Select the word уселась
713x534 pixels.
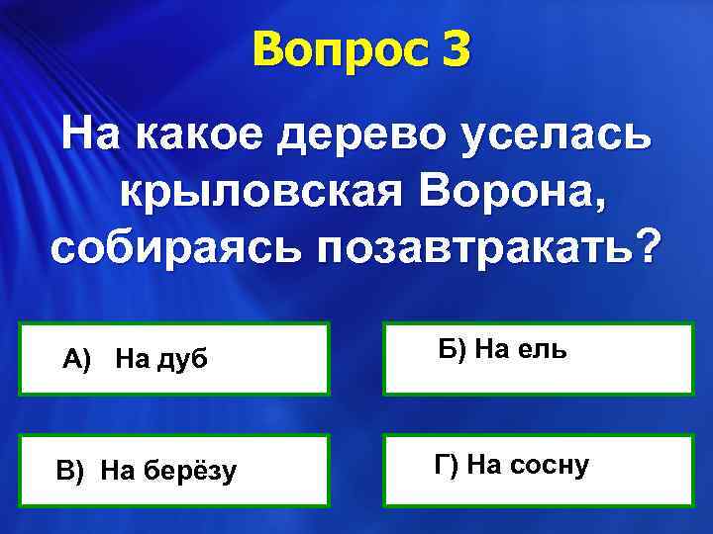pos(562,134)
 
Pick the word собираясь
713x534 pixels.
pos(175,246)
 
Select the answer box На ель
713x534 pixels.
pos(539,359)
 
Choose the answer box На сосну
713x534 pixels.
pos(539,471)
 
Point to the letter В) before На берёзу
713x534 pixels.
pos(70,472)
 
